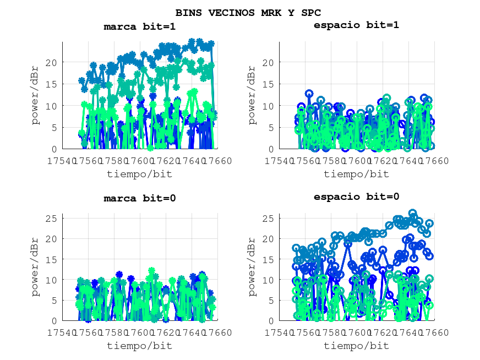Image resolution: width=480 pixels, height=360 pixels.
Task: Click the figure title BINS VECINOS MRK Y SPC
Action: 248,12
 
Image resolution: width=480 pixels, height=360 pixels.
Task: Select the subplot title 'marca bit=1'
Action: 139,26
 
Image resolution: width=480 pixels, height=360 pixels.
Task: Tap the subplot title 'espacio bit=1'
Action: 356,25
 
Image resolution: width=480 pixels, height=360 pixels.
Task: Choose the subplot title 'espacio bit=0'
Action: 356,197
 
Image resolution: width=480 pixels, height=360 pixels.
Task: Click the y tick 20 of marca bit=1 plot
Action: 51,62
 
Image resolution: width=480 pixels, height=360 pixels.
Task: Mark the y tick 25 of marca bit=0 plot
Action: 51,218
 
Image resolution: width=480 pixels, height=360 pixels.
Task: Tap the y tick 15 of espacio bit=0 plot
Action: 268,259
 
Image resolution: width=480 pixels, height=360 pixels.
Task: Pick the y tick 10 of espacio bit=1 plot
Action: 268,106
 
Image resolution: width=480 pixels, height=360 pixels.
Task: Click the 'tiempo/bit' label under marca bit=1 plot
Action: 139,174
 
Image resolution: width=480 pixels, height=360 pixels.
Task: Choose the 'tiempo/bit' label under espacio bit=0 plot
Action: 356,346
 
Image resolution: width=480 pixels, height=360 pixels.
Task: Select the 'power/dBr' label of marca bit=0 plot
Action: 35,268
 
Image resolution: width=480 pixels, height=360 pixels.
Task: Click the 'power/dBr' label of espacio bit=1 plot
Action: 252,95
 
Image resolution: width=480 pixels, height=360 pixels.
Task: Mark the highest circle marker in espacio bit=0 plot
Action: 412,214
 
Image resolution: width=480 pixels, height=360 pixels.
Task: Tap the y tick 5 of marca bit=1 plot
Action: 53,127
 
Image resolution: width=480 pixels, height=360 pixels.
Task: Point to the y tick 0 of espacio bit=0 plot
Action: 270,321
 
